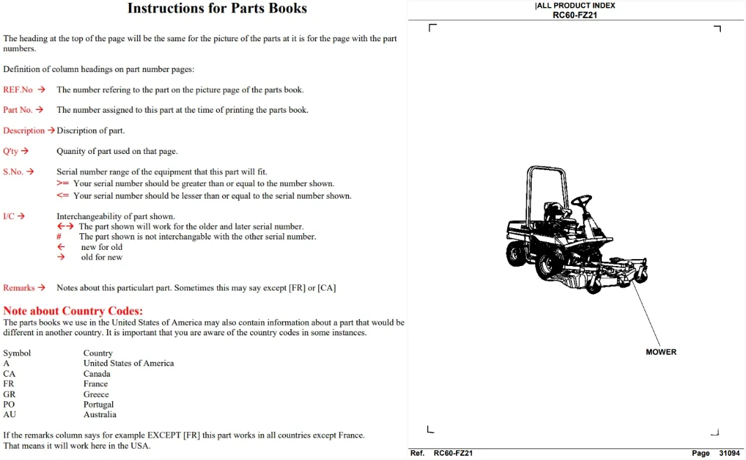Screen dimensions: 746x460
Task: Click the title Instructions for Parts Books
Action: click(217, 8)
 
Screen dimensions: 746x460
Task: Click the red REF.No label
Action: click(18, 90)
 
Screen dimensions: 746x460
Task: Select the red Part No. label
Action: click(18, 110)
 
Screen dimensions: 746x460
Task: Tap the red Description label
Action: click(24, 130)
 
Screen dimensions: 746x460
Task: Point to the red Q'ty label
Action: click(11, 151)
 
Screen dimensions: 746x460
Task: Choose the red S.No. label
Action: click(13, 172)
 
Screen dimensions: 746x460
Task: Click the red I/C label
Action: click(8, 216)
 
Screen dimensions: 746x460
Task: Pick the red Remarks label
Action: click(19, 288)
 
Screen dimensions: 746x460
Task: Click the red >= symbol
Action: click(63, 183)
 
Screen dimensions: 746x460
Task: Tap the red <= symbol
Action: click(63, 195)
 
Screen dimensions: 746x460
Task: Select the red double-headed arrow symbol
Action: click(66, 226)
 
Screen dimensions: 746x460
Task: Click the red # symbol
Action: click(59, 237)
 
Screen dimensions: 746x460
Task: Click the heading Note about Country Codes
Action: click(73, 311)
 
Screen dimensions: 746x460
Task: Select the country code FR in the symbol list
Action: click(8, 384)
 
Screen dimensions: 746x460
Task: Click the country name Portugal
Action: click(99, 405)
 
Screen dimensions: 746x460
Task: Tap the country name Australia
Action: click(100, 414)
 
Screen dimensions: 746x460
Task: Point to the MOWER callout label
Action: click(661, 352)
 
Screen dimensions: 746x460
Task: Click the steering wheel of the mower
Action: click(581, 201)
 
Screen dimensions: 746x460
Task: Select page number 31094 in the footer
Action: click(729, 453)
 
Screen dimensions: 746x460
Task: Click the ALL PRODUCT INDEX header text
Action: click(575, 6)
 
